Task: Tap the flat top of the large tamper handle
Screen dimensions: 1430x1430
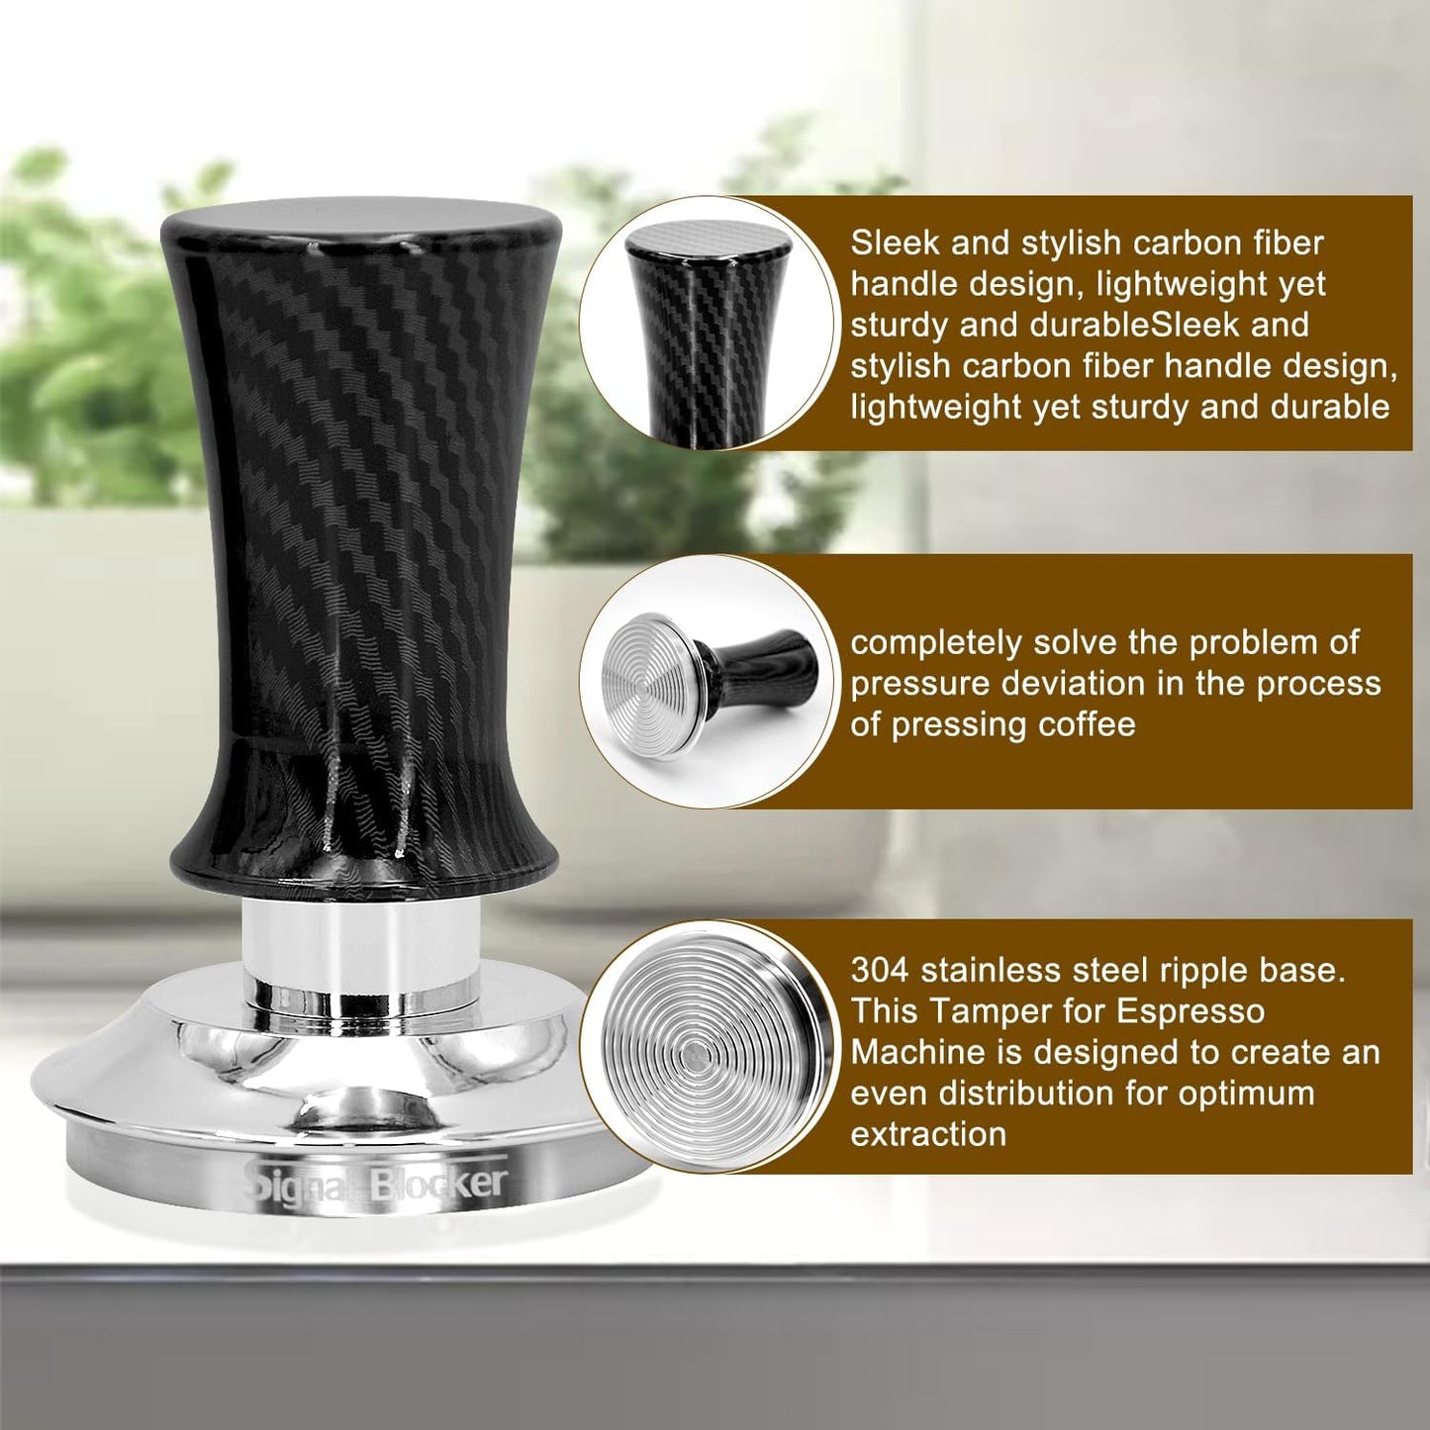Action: coord(360,224)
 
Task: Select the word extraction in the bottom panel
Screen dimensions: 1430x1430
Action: coord(928,1134)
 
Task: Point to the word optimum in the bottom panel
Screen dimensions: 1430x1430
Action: coord(1258,1094)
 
